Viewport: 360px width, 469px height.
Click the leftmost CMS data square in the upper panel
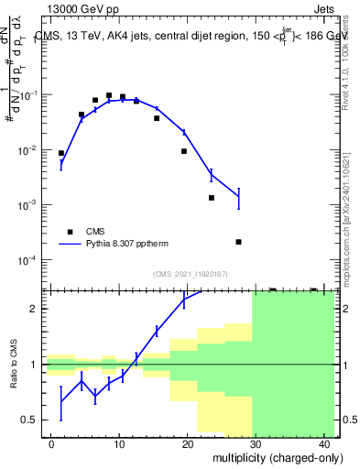point(61,154)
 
